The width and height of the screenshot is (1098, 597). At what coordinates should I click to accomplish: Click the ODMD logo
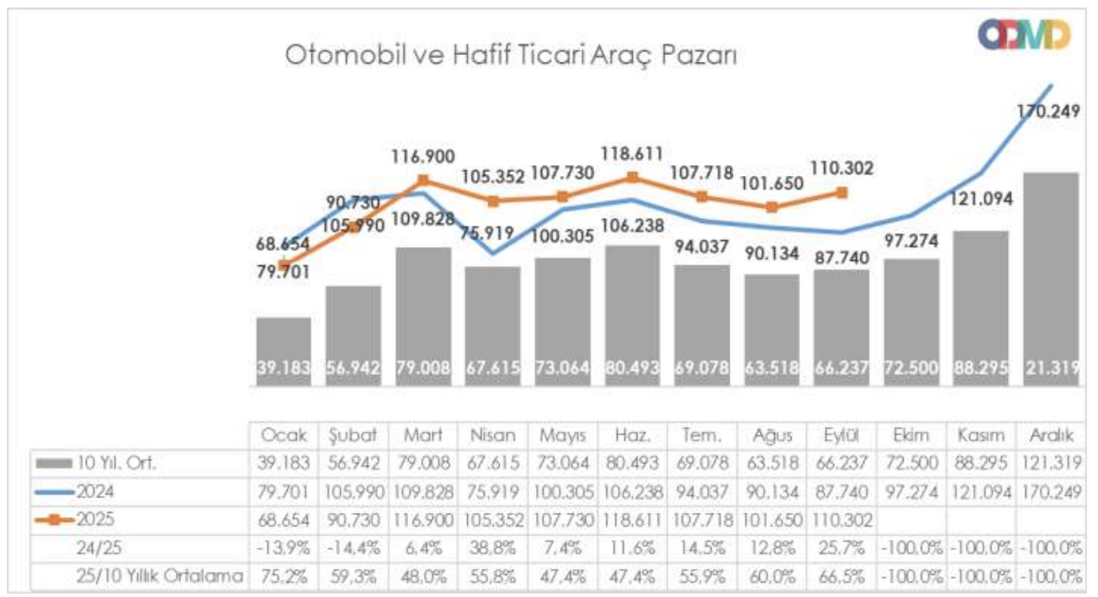pyautogui.click(x=1024, y=35)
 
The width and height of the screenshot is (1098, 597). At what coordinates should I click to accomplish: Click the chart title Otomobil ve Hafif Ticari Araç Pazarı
pyautogui.click(x=511, y=54)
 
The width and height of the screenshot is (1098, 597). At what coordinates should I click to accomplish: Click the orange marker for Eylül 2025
pyautogui.click(x=842, y=193)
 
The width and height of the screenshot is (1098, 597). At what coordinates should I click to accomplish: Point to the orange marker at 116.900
pyautogui.click(x=423, y=180)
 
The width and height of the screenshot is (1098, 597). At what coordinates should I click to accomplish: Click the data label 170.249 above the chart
pyautogui.click(x=1048, y=111)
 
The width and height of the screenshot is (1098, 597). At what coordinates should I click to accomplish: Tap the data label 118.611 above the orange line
pyautogui.click(x=631, y=153)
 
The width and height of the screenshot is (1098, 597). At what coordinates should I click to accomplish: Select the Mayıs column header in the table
pyautogui.click(x=562, y=435)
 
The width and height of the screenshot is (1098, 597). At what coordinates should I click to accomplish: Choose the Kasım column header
pyautogui.click(x=981, y=435)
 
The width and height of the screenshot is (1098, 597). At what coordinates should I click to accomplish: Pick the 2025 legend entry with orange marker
pyautogui.click(x=76, y=519)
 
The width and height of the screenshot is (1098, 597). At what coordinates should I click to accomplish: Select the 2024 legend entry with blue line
pyautogui.click(x=76, y=492)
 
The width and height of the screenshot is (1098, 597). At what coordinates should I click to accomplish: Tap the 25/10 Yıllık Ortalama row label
pyautogui.click(x=159, y=576)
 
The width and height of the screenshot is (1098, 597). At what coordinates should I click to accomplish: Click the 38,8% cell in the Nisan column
pyautogui.click(x=493, y=548)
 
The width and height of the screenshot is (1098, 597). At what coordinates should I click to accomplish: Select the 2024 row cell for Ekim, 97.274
pyautogui.click(x=911, y=492)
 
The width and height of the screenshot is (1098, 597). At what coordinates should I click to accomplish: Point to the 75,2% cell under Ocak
pyautogui.click(x=284, y=576)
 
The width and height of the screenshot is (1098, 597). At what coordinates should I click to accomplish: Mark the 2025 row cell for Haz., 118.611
pyautogui.click(x=631, y=520)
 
